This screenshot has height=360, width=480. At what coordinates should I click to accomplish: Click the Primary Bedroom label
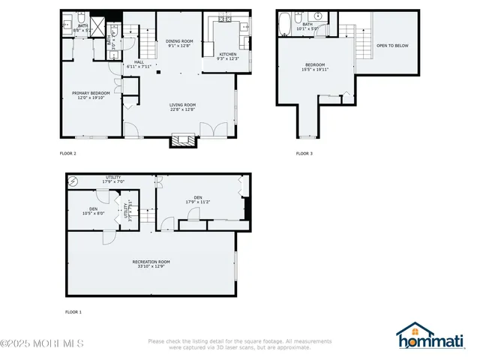[91, 94]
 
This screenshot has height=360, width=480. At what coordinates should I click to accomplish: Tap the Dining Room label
[179, 43]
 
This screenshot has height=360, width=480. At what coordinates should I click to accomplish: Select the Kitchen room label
[228, 55]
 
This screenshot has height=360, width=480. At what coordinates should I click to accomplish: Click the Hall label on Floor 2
[139, 64]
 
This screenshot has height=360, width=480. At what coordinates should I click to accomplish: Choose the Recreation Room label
[151, 263]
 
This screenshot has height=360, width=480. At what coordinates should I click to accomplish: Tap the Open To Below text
[392, 46]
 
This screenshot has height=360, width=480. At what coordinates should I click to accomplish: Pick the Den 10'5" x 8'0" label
[94, 211]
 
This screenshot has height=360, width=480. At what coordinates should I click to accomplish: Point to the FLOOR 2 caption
[68, 153]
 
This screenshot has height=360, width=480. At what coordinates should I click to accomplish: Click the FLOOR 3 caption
[304, 153]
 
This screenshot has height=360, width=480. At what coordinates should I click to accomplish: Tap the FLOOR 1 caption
[73, 311]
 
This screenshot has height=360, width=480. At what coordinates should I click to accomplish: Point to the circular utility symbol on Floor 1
[73, 181]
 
